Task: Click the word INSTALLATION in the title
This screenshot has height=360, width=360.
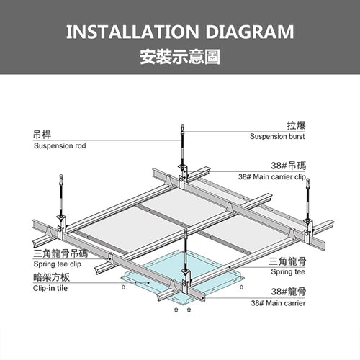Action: [x=132, y=32]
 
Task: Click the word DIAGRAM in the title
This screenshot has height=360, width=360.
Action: [x=250, y=32]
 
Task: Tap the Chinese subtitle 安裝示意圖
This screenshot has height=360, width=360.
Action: [x=180, y=57]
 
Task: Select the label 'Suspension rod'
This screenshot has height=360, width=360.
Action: [x=60, y=145]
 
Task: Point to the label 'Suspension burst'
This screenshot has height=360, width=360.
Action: [x=277, y=136]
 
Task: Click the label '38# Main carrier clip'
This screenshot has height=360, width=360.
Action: [x=272, y=177]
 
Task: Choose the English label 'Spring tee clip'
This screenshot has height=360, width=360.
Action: [x=58, y=264]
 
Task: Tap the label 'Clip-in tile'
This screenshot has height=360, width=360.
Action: [x=50, y=288]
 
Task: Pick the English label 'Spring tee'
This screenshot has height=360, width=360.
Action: [x=288, y=271]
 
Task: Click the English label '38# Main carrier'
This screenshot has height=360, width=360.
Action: [x=278, y=303]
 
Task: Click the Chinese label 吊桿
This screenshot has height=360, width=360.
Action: [x=42, y=135]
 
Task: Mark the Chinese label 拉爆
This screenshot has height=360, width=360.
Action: [x=296, y=125]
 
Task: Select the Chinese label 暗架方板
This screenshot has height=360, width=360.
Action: [x=51, y=277]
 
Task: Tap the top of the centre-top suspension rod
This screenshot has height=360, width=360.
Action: [x=182, y=125]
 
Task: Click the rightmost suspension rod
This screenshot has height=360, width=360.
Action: [x=308, y=199]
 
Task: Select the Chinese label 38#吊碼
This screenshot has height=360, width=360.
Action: [x=289, y=166]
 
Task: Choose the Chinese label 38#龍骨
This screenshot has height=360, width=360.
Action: [x=289, y=292]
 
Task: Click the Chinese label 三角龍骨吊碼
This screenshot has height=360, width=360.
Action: [x=60, y=253]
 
